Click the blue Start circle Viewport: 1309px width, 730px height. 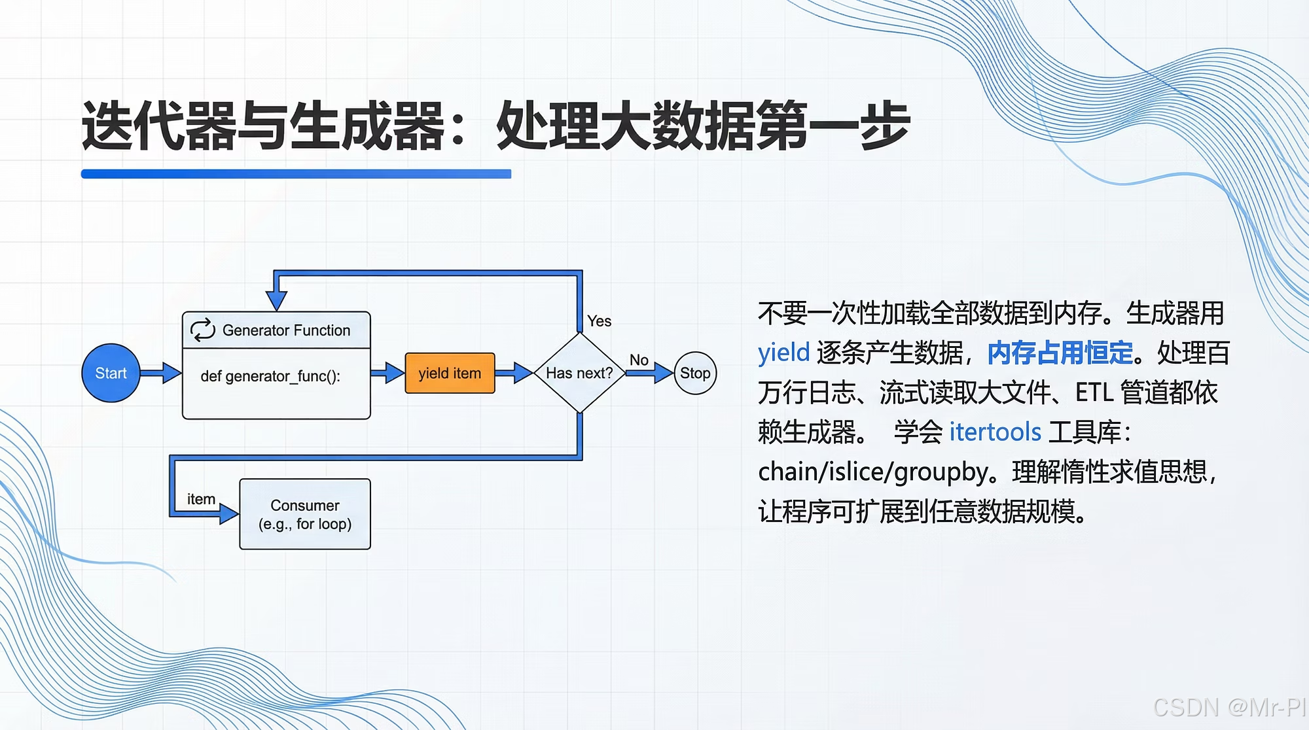pos(111,373)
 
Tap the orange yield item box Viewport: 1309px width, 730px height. pos(450,373)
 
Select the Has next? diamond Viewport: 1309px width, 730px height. pos(579,373)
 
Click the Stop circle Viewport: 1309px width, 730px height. pos(695,373)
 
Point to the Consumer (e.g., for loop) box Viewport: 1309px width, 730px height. pos(305,514)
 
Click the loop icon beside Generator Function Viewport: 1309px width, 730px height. pos(202,330)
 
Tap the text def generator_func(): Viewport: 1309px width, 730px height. pos(270,376)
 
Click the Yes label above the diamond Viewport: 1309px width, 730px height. pos(599,321)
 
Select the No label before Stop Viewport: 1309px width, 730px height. pos(639,360)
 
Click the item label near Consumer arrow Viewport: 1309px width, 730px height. pos(201,499)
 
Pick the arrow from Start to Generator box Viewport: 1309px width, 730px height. pos(161,373)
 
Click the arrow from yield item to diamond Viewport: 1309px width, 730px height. pos(515,373)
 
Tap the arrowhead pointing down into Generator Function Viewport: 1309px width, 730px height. pos(277,300)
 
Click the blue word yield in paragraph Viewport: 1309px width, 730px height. pos(783,353)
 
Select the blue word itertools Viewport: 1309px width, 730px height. pos(995,432)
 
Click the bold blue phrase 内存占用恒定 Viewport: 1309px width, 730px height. pos(1060,353)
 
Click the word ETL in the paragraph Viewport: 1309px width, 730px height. pos(1094,392)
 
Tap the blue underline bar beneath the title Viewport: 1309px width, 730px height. pos(296,174)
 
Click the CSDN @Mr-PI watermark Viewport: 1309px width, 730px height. pos(1228,707)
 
